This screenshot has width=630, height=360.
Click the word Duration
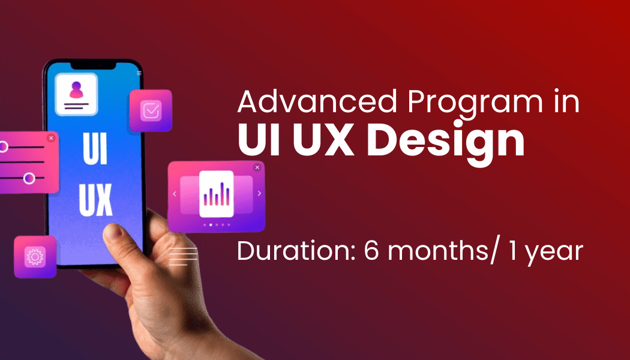pos(296,251)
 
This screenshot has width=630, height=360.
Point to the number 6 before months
pos(371,251)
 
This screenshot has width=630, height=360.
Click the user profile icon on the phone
pos(76,94)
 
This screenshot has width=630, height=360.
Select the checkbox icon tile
pos(151,110)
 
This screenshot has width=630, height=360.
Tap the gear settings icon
pos(35,257)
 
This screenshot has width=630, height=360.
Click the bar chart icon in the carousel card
pos(217,194)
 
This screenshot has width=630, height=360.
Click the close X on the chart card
pos(257,167)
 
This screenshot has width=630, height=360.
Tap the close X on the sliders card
pos(50,138)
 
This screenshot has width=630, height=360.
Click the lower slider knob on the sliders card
pos(29,178)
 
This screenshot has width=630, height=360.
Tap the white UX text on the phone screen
pos(95,200)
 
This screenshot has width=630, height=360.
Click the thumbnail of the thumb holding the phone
pos(114,232)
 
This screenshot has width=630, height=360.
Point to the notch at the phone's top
pos(93,65)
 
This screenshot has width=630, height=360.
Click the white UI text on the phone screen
pos(95,149)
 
